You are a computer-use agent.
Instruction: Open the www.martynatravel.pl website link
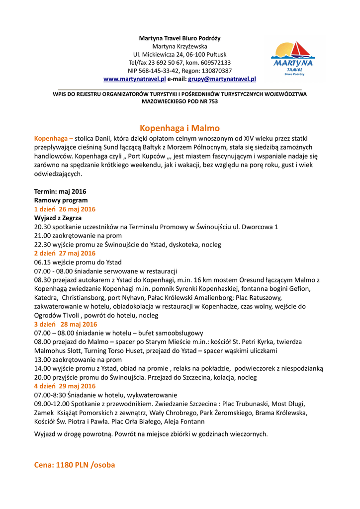tap(134, 79)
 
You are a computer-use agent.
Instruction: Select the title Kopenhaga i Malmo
tap(180, 128)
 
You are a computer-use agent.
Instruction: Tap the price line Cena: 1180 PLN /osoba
tap(74, 465)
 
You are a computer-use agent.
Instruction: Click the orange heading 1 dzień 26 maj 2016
tap(65, 209)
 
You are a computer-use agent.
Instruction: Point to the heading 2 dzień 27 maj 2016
tap(65, 254)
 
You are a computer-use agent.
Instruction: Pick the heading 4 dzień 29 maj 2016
tap(65, 386)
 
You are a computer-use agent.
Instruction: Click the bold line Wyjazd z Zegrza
tap(58, 218)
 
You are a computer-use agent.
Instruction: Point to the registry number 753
tap(212, 101)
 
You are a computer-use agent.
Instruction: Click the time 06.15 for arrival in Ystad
tap(43, 262)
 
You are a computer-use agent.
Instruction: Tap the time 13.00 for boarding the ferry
tap(43, 359)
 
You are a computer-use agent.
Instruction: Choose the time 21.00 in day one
tap(43, 236)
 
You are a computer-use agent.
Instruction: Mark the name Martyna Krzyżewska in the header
tap(180, 46)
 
